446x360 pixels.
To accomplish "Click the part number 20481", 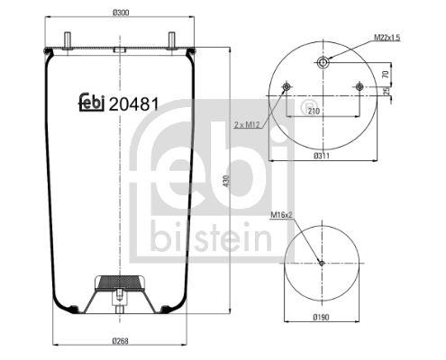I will [134, 103].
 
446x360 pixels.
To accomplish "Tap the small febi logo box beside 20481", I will [90, 103].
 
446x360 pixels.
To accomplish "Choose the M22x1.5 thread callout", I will [387, 37].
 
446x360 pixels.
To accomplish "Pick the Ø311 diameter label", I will [322, 156].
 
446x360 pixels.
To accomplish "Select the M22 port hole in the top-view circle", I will [322, 61].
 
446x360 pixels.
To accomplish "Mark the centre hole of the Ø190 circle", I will [322, 263].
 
